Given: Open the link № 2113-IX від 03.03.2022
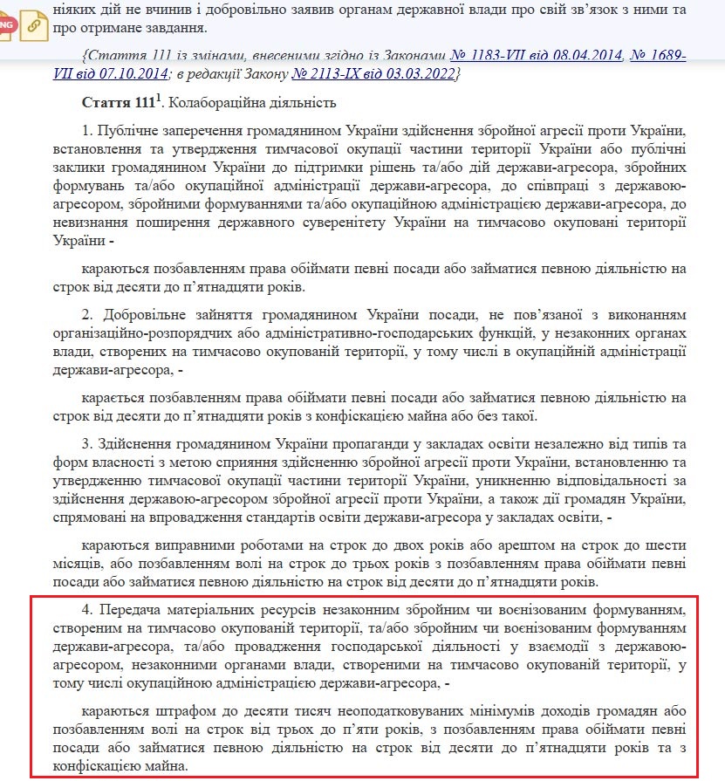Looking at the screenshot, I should pyautogui.click(x=376, y=74).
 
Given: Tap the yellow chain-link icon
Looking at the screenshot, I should pyautogui.click(x=34, y=25).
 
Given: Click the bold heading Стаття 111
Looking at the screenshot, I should pyautogui.click(x=118, y=103).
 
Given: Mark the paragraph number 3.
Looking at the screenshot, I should pyautogui.click(x=86, y=442).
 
